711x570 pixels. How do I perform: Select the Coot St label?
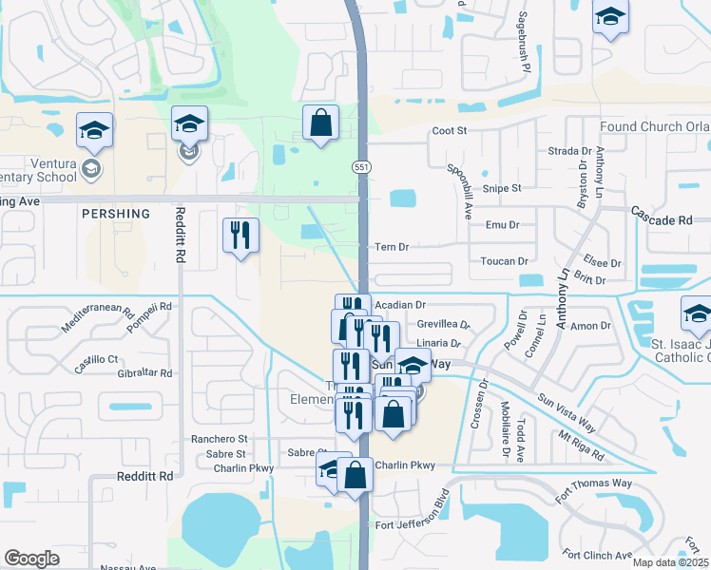coord(450,131)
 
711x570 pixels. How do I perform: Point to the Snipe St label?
coord(503,188)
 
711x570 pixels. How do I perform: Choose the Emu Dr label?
coord(502,225)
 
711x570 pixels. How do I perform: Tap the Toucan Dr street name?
coord(504,261)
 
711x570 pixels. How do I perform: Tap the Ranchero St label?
coord(219,440)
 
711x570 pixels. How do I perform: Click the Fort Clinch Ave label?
coord(597,555)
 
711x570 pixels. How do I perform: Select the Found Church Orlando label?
coord(654,127)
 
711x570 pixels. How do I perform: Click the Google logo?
coord(31,559)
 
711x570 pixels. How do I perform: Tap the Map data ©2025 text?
coord(670,562)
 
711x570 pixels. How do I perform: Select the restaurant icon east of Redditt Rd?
coord(240,235)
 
